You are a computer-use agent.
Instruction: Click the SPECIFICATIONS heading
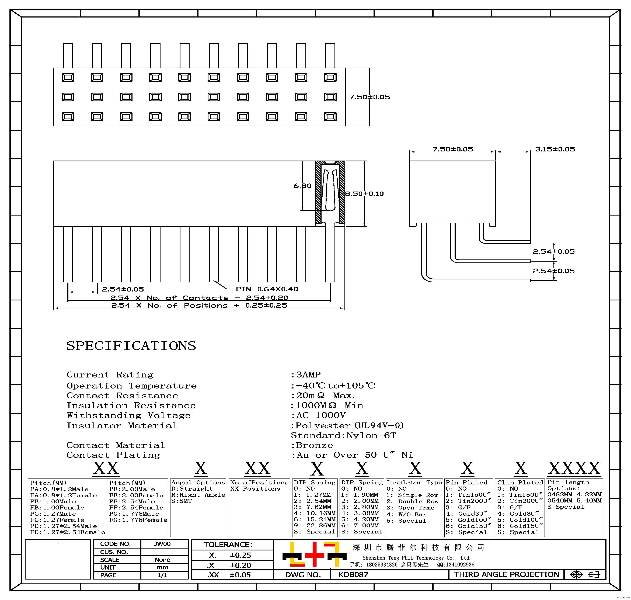pyautogui.click(x=131, y=346)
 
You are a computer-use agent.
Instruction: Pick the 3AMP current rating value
pyautogui.click(x=308, y=374)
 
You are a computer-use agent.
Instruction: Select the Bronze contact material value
pyautogui.click(x=314, y=445)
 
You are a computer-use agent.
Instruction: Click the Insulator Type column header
pyautogui.click(x=414, y=482)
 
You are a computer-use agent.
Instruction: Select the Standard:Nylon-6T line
pyautogui.click(x=343, y=435)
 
